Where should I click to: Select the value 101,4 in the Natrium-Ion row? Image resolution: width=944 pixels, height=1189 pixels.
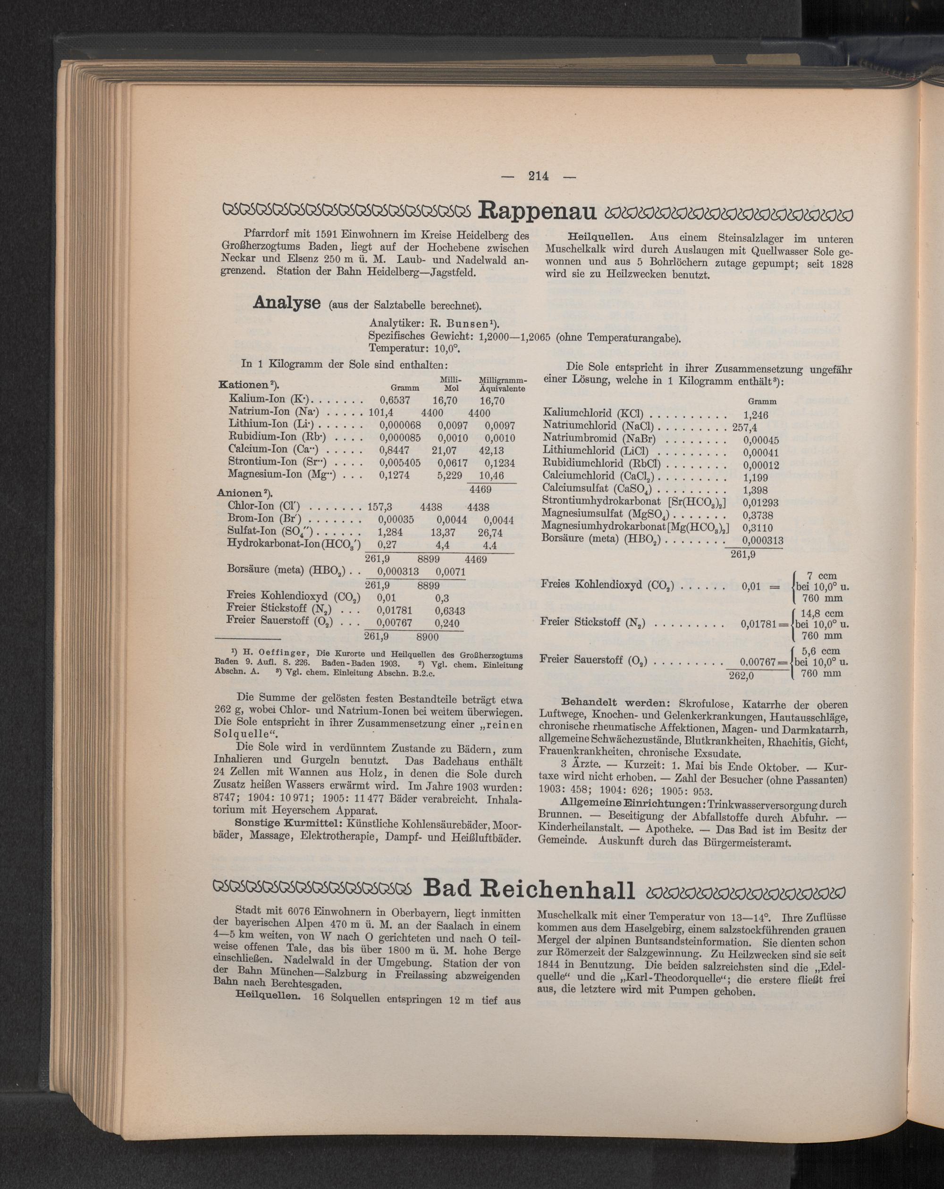click(x=380, y=413)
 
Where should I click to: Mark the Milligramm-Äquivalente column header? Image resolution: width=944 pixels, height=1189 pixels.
click(x=503, y=385)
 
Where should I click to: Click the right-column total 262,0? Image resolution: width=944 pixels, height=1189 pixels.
click(x=741, y=677)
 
